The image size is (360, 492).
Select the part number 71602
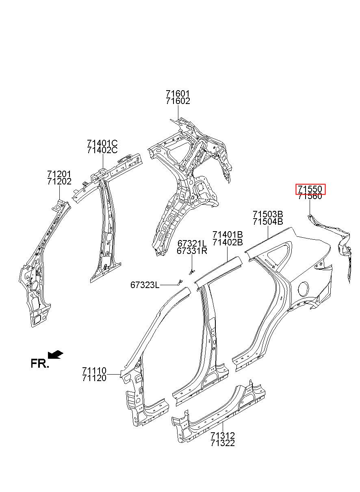pyautogui.click(x=178, y=102)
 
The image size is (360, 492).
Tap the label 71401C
pyautogui.click(x=102, y=143)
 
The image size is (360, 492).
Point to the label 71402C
pyautogui.click(x=102, y=150)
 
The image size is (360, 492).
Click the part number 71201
pyautogui.click(x=59, y=174)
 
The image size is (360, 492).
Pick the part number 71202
pyautogui.click(x=59, y=182)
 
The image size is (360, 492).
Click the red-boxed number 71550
pyautogui.click(x=310, y=189)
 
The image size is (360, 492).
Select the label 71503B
pyautogui.click(x=267, y=214)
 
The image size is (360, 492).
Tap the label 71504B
pyautogui.click(x=267, y=221)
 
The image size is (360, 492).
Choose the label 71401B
pyautogui.click(x=228, y=235)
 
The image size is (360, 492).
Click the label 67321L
pyautogui.click(x=192, y=243)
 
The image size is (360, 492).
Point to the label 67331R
pyautogui.click(x=192, y=251)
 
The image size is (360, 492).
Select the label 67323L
pyautogui.click(x=145, y=285)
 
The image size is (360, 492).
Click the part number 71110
pyautogui.click(x=94, y=371)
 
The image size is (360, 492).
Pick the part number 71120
pyautogui.click(x=94, y=378)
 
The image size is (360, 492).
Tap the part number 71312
pyautogui.click(x=223, y=436)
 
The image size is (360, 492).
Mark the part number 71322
pyautogui.click(x=223, y=443)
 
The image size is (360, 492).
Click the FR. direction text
pyautogui.click(x=40, y=364)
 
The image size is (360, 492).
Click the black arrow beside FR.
pyautogui.click(x=55, y=355)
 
